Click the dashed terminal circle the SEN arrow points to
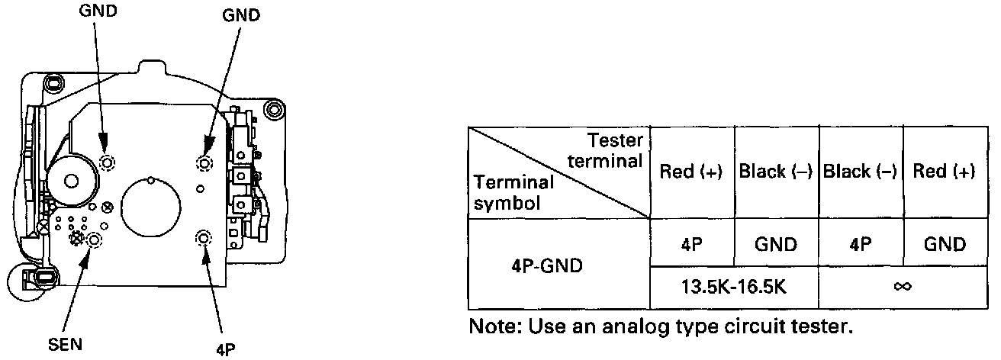coord(95,241)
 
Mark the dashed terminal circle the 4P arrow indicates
coord(204,238)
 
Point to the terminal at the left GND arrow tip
coord(107,162)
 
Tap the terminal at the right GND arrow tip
coord(204,162)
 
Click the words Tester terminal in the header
coord(608,149)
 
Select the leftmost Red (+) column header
coord(692,172)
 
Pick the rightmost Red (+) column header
coord(945,172)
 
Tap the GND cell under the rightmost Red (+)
coord(945,244)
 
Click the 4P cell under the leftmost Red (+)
coord(692,244)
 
